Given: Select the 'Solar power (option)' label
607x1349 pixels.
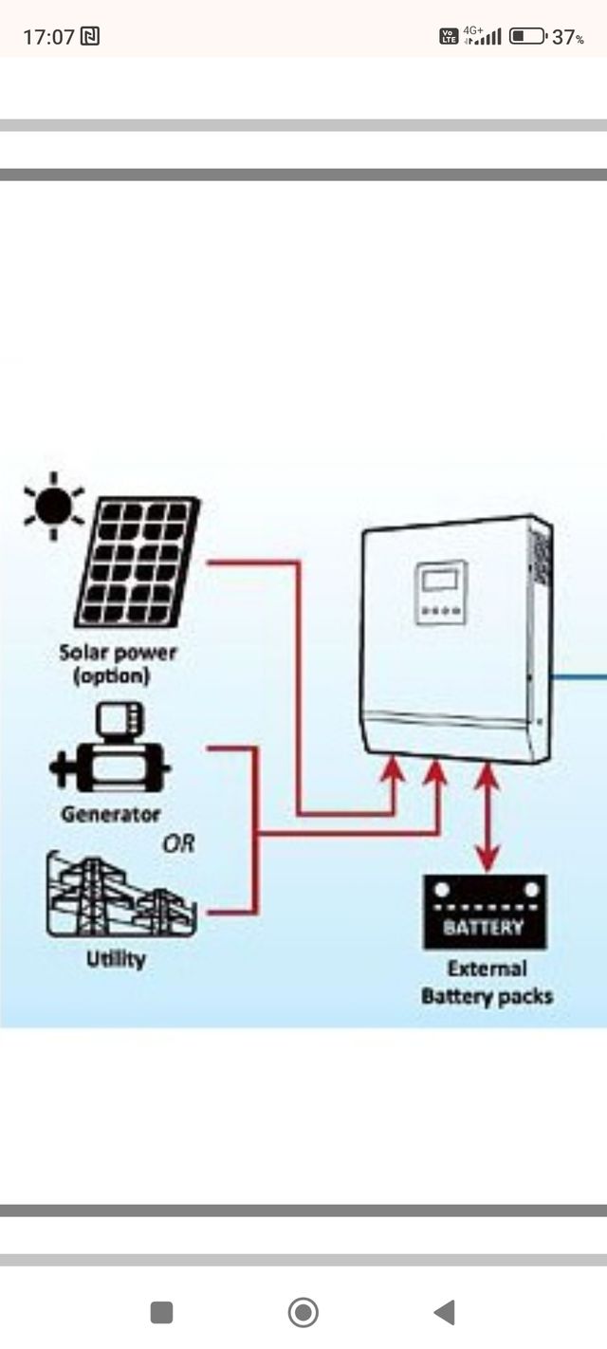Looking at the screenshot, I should pos(118,664).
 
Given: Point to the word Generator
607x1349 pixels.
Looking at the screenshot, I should pos(111,814).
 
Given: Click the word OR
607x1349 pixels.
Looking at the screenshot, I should pos(178,843).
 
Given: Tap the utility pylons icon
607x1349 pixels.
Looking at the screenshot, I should pos(119,896).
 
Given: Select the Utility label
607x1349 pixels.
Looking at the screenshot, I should pos(116,959).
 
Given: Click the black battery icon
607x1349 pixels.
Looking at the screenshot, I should pos(484,912).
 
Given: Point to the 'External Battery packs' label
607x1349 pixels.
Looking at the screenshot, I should pos(487,983).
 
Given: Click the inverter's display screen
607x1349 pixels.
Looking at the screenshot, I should pos(440,580).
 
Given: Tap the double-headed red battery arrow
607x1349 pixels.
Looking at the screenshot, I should pos(487,816).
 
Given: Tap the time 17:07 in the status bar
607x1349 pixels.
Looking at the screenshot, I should pos(48,37).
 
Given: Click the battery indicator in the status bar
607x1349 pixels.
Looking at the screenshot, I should pos(527,37).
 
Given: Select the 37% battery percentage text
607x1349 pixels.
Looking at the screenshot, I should pos(568,38).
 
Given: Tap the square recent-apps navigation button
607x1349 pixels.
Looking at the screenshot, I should pos(161,1312).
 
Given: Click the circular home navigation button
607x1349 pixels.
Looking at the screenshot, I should pos(303,1312).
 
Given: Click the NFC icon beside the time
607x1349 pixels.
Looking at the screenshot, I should pos(90,37).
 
